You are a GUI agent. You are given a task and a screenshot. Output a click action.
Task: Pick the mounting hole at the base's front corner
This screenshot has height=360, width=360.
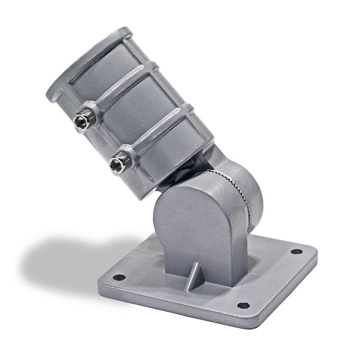[243, 305]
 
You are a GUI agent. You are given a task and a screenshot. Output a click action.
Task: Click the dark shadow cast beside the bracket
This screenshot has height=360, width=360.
[67, 261]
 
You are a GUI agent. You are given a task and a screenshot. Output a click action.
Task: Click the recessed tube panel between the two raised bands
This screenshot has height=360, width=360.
[135, 112]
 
